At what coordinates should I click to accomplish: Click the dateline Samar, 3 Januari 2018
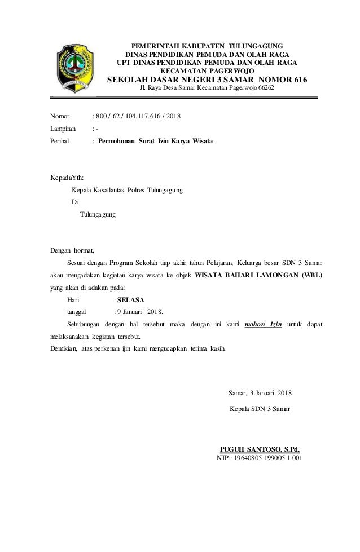pyautogui.click(x=260, y=392)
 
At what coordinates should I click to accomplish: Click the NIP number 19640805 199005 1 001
pyautogui.click(x=267, y=457)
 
